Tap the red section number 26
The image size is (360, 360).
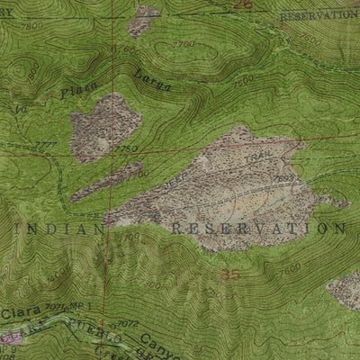pyautogui.click(x=241, y=4)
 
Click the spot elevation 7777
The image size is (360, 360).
pyautogui.click(x=42, y=144)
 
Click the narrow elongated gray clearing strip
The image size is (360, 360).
pyautogui.click(x=106, y=182)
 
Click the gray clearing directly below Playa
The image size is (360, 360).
pyautogui.click(x=105, y=126)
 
